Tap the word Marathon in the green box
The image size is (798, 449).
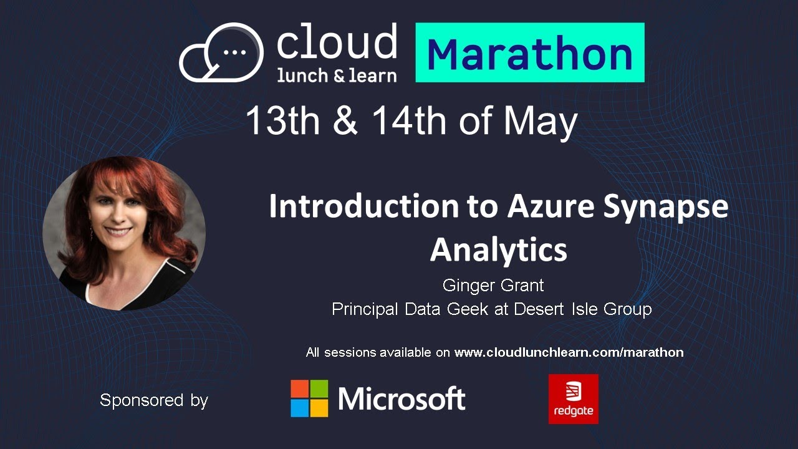pos(529,54)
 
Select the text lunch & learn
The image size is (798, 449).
pos(337,75)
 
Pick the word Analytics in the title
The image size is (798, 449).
pos(499,249)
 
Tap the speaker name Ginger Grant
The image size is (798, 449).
pos(493,286)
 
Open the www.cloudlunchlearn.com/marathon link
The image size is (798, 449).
pos(569,352)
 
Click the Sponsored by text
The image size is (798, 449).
pos(154,400)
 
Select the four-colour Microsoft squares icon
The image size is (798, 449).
pos(309,398)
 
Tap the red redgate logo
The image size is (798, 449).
pos(574,399)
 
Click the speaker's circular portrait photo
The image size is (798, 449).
pos(124,233)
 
